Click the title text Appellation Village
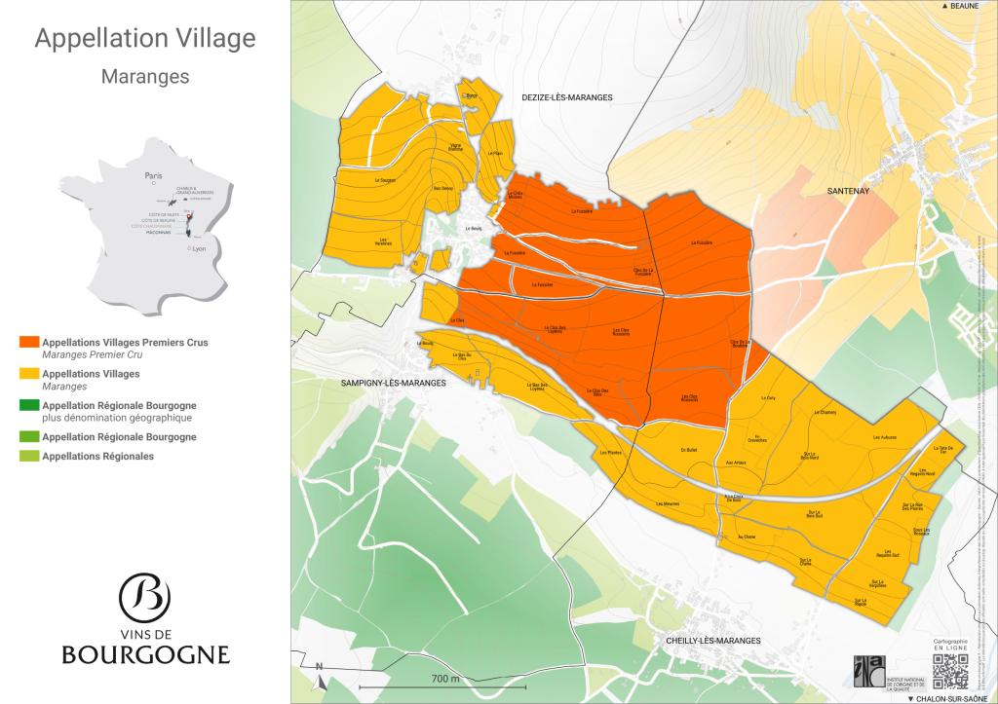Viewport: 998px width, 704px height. pyautogui.click(x=144, y=39)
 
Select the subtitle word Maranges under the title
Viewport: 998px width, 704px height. pyautogui.click(x=144, y=76)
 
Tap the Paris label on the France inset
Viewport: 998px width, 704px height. pyautogui.click(x=152, y=176)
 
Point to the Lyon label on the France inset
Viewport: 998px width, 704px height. pyautogui.click(x=201, y=249)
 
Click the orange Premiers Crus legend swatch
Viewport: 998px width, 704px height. pyautogui.click(x=29, y=343)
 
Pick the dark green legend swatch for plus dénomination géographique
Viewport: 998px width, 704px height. pyautogui.click(x=29, y=405)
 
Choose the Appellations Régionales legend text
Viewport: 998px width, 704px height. pyautogui.click(x=98, y=456)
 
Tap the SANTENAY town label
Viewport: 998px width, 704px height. pyautogui.click(x=847, y=192)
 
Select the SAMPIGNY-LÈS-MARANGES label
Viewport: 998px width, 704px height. pyautogui.click(x=393, y=384)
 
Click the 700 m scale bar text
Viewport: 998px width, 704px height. pyautogui.click(x=444, y=678)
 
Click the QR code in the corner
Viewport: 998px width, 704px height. pyautogui.click(x=948, y=671)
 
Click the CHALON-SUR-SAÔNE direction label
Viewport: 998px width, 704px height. pyautogui.click(x=951, y=698)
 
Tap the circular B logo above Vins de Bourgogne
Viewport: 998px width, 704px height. pyautogui.click(x=144, y=596)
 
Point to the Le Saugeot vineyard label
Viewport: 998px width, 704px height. pyautogui.click(x=383, y=181)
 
